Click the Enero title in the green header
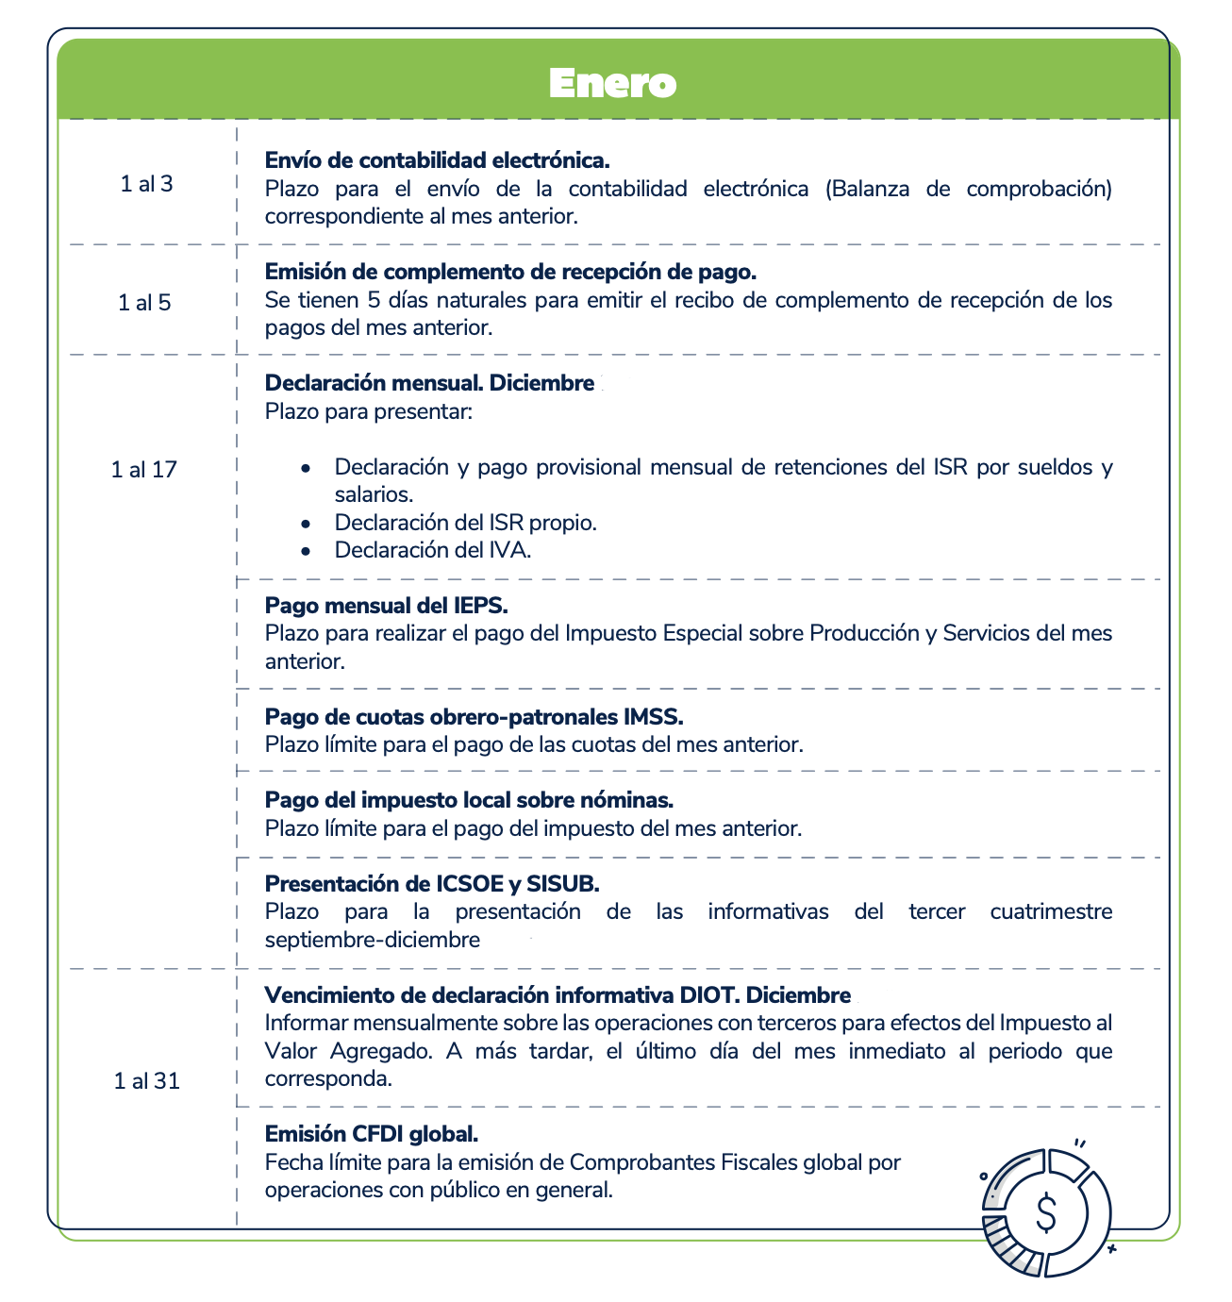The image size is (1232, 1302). coord(613,83)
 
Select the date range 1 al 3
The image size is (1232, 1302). coord(146,184)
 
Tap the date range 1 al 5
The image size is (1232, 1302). coord(144,303)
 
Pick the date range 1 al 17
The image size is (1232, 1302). coord(143,469)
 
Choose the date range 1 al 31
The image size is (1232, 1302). coord(146,1081)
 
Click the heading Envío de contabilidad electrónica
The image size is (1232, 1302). coord(437,160)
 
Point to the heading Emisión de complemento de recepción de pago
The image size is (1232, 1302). coord(510,272)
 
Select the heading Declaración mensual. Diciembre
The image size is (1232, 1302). coord(429,383)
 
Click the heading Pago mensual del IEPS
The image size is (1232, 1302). coord(386,605)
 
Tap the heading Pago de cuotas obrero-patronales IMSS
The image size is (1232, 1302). coord(474,716)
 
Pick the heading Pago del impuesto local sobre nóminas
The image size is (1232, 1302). coord(469,800)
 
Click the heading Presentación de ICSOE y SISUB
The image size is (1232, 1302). coord(432,884)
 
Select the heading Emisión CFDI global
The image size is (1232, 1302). coord(372,1133)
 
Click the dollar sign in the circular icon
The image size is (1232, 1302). coord(1045,1212)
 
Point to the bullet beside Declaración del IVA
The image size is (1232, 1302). coord(305,551)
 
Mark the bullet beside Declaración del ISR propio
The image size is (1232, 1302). coord(305,523)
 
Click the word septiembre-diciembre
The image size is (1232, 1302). coord(373,940)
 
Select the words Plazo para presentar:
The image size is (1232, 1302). coord(368,411)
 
